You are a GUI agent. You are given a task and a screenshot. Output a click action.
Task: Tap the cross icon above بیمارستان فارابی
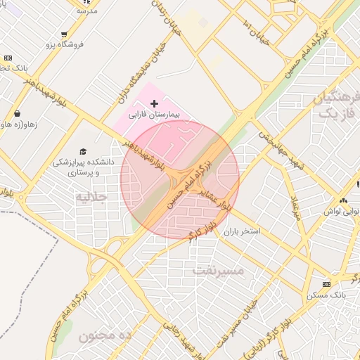click(x=155, y=103)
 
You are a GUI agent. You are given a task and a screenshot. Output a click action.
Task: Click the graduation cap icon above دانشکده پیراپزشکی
click(x=83, y=152)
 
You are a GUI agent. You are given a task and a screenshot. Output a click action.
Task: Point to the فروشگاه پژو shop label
click(x=65, y=44)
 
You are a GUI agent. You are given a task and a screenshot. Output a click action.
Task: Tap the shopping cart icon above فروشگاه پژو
click(x=65, y=34)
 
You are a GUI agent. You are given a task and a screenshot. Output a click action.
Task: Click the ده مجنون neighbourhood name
click(x=106, y=336)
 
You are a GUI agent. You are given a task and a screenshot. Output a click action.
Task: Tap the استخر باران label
click(x=242, y=231)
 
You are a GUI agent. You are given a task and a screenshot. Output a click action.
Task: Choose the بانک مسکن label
click(x=326, y=295)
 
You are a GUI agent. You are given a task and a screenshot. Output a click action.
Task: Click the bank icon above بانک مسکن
click(x=326, y=284)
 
